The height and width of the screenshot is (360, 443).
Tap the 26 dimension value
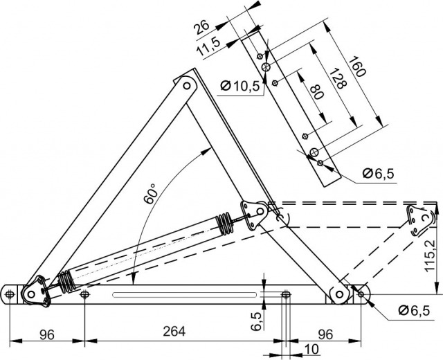click(201, 28)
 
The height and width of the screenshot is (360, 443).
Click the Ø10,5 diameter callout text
click(240, 86)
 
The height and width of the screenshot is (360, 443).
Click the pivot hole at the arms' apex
click(186, 87)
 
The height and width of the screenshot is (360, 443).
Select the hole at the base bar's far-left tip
click(10, 296)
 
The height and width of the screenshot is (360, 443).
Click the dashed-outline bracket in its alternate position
click(418, 219)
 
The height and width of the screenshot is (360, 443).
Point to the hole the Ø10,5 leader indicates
click(265, 67)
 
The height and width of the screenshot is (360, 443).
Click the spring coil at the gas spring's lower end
click(65, 280)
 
